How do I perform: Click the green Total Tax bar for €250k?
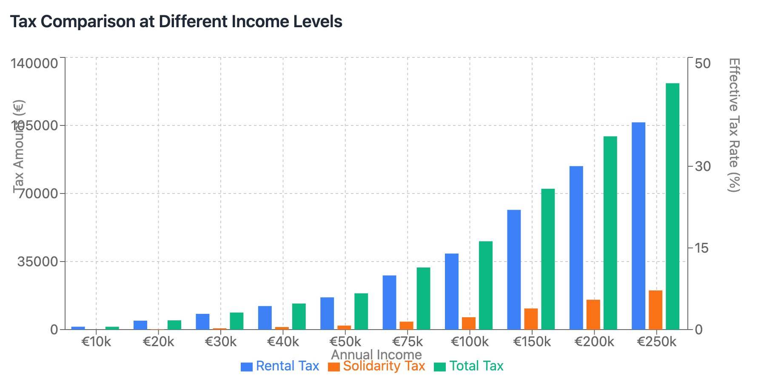coord(673,206)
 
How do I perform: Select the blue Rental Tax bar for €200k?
coord(576,248)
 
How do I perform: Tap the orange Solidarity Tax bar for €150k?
coord(531,319)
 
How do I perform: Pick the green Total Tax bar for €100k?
coord(486,285)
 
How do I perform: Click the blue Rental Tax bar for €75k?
coord(389,302)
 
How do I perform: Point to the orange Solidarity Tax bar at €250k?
coord(655,310)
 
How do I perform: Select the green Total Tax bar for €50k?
coord(361,311)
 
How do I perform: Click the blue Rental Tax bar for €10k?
coord(78,328)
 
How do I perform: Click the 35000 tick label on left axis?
coord(37,262)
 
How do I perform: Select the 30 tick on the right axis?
coord(703,166)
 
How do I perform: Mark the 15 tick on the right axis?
coord(702,248)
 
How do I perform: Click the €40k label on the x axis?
coord(283,341)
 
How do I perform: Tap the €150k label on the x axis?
coord(532,341)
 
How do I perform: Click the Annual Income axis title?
coord(376,355)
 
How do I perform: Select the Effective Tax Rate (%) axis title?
coord(734,125)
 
